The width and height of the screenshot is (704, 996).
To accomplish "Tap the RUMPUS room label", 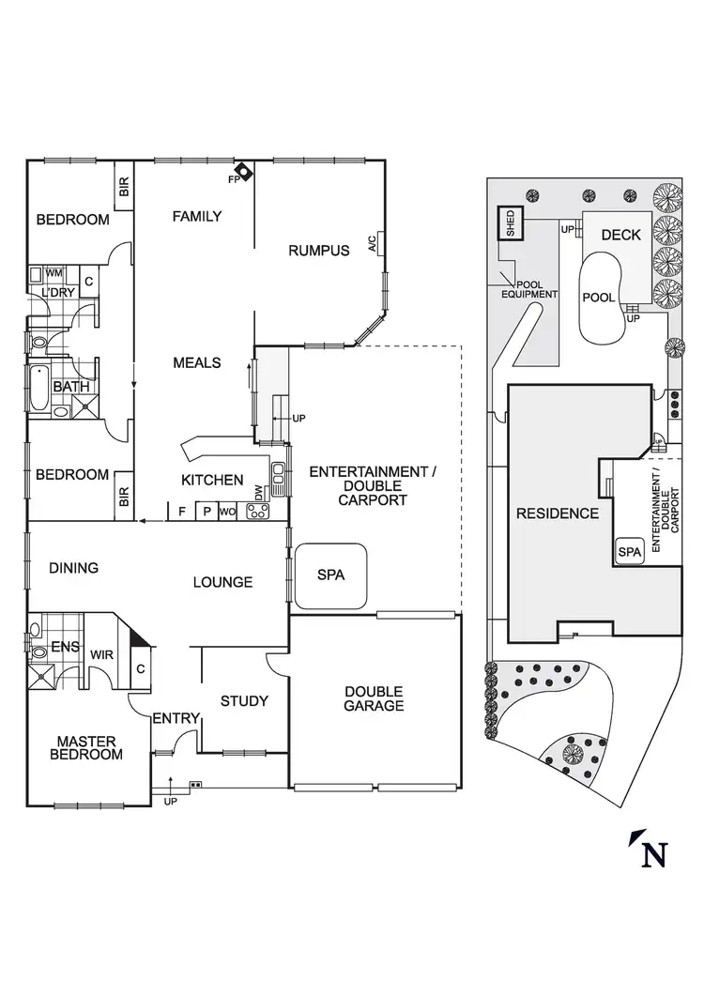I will point(318,251).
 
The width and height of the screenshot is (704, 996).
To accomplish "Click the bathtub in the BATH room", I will point(38,387).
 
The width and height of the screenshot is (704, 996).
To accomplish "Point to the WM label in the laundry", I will point(54,273).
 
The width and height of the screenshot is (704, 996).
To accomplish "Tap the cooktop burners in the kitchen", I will point(257,512).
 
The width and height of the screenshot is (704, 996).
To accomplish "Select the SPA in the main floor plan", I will point(330,575).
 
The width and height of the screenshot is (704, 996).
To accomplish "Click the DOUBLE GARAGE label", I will point(374,698).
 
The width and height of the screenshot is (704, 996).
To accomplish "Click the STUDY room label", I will point(244,700).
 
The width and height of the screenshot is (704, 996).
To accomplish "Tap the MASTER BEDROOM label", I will point(86,747).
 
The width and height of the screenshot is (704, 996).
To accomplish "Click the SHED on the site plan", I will point(511,223).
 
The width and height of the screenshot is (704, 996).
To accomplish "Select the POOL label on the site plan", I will point(599,298).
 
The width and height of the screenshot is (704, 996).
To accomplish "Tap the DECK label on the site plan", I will point(620,235).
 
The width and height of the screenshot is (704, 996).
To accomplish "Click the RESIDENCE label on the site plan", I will point(557,513).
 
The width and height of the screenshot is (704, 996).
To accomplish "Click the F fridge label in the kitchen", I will point(181,513).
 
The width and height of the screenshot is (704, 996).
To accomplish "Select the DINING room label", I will point(73,568).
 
